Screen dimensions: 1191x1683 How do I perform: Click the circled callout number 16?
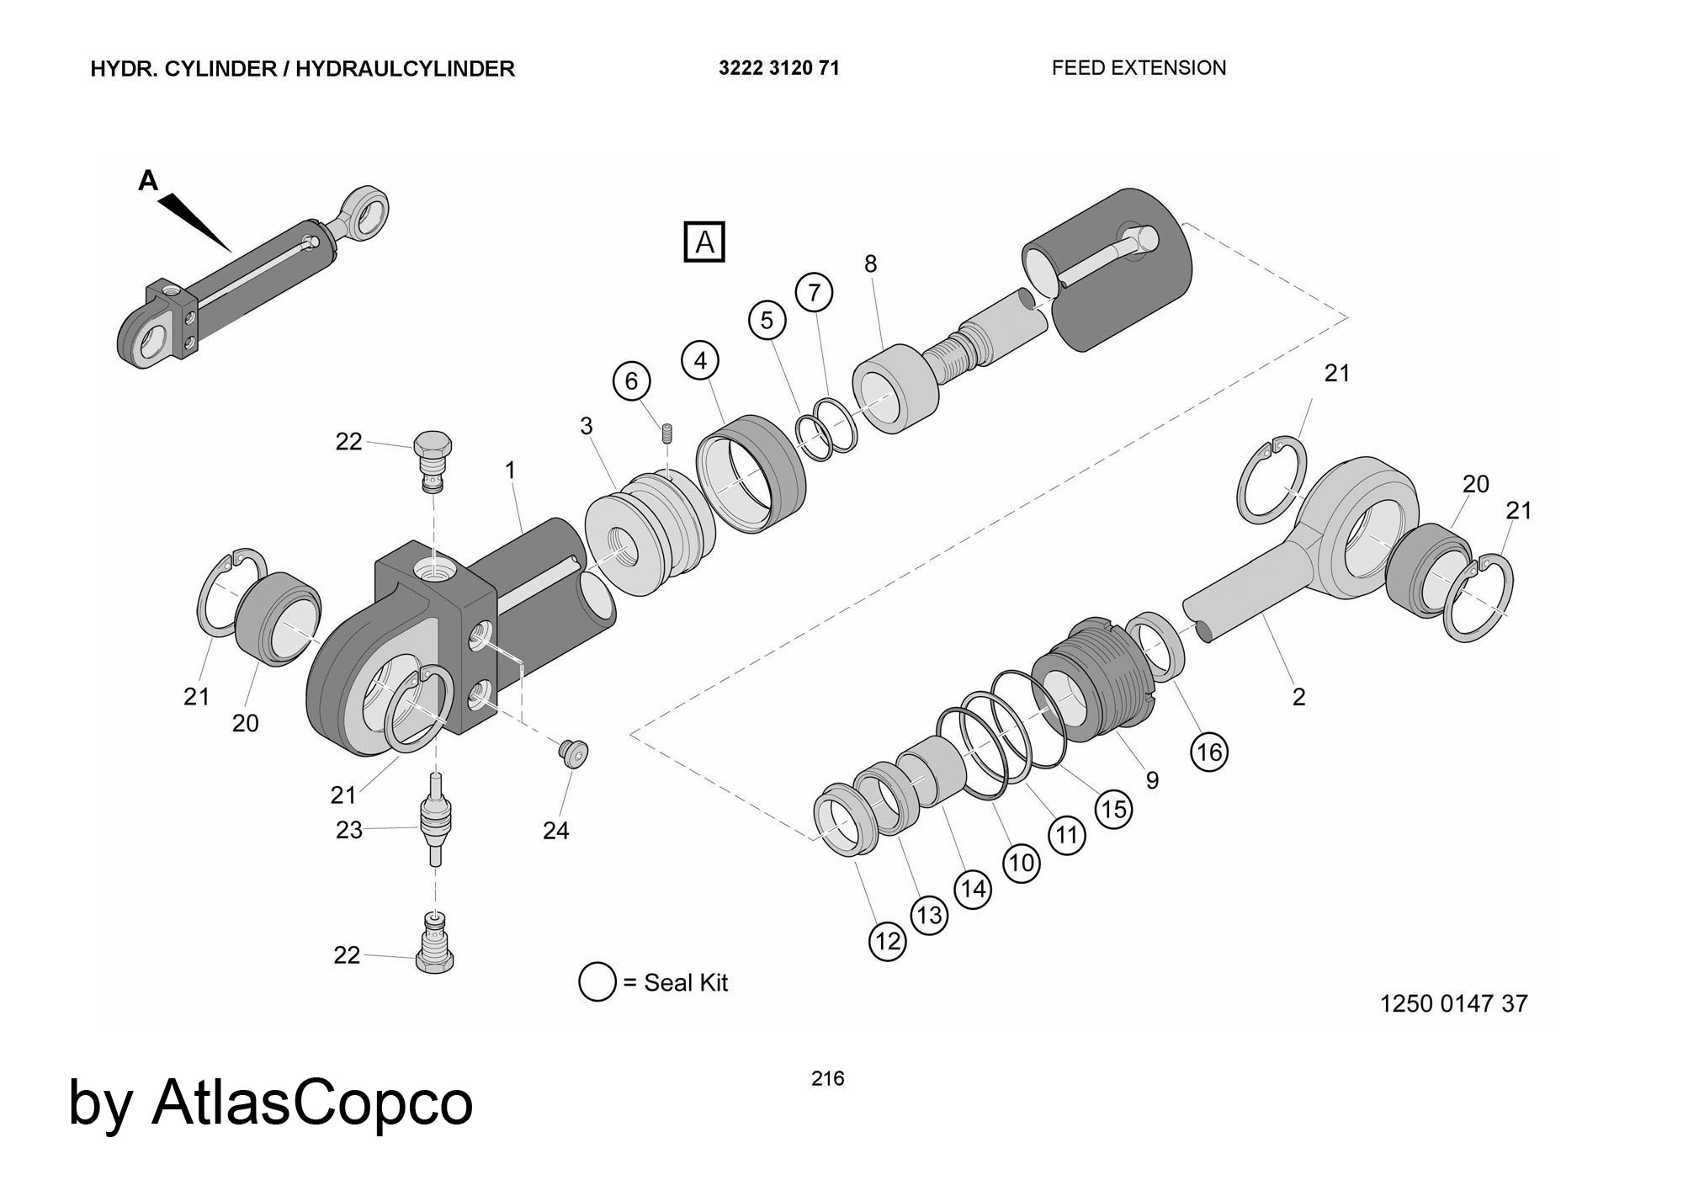(x=1208, y=752)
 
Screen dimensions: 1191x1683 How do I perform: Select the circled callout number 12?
(x=888, y=941)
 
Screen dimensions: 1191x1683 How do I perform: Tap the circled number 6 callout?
(x=631, y=381)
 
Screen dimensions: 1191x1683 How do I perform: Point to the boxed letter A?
(x=704, y=242)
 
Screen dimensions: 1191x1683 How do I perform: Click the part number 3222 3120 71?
(x=778, y=68)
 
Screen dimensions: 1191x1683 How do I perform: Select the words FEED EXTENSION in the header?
(x=1139, y=68)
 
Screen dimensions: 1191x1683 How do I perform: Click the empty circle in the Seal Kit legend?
(x=597, y=982)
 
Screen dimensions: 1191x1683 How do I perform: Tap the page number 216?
(x=827, y=1078)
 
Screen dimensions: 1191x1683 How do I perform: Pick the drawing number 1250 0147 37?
(x=1453, y=1003)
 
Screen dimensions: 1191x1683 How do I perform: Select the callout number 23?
(x=349, y=830)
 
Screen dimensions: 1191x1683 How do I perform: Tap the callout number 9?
(x=1152, y=780)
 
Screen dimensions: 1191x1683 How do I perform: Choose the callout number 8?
(x=870, y=264)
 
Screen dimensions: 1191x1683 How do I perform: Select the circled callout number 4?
(x=700, y=360)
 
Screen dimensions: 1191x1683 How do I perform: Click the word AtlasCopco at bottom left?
(x=311, y=1103)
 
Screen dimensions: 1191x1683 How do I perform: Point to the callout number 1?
(x=510, y=471)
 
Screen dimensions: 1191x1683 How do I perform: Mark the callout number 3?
(x=587, y=426)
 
